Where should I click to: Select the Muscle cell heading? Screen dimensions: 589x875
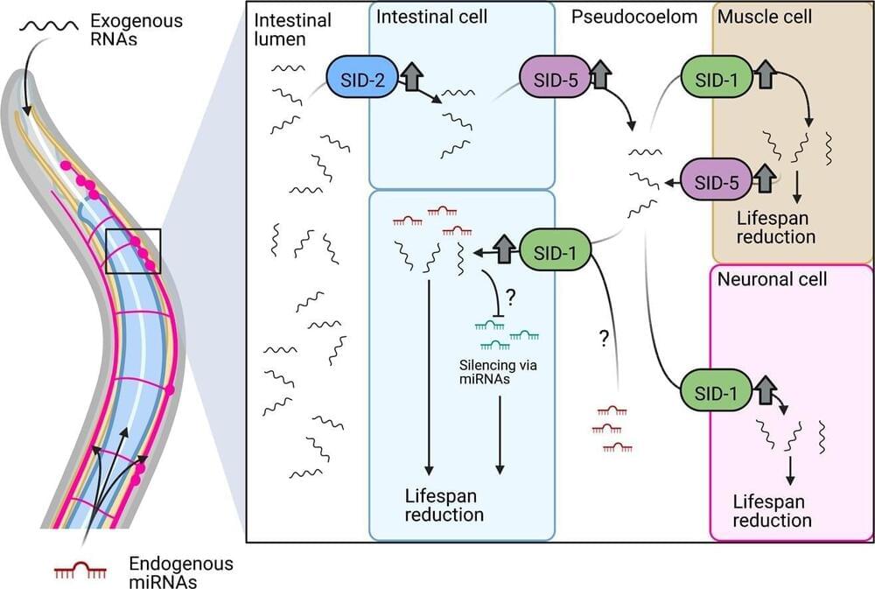764,17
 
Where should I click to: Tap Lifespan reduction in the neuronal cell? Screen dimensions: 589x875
772,511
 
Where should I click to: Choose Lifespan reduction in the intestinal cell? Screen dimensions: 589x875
444,505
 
